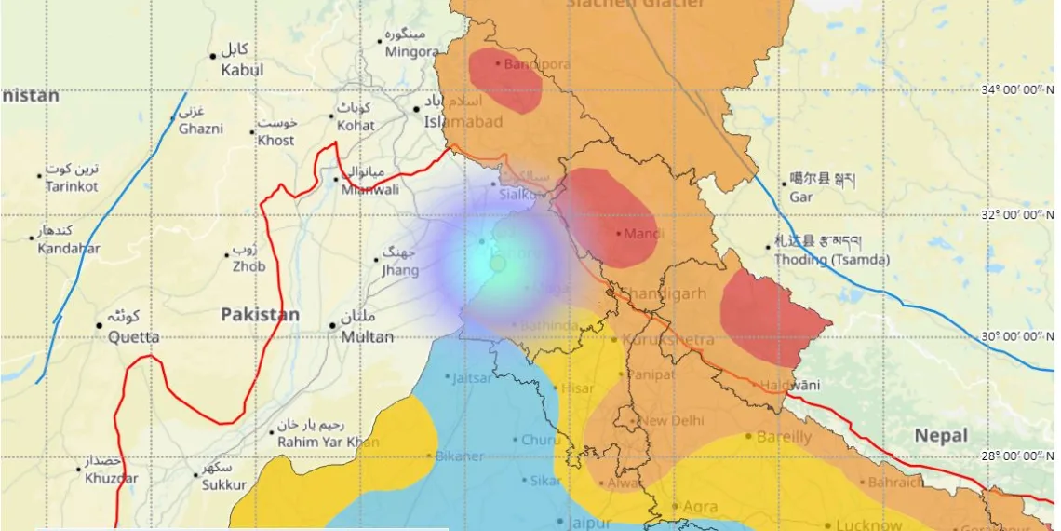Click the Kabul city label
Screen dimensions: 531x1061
click(241, 70)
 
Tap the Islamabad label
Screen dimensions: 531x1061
click(463, 122)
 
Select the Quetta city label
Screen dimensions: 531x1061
click(134, 337)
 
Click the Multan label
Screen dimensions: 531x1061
click(368, 337)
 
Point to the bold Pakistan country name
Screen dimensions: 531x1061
click(260, 315)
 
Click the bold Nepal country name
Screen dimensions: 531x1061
click(940, 435)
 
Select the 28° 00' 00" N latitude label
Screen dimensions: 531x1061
click(1009, 456)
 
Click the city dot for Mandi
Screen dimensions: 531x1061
click(618, 233)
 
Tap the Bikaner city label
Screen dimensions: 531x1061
click(459, 456)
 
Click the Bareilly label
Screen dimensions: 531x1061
click(784, 437)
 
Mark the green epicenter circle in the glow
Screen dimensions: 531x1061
click(498, 264)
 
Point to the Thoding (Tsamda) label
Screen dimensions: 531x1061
click(831, 260)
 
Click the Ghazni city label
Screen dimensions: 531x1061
click(201, 129)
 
